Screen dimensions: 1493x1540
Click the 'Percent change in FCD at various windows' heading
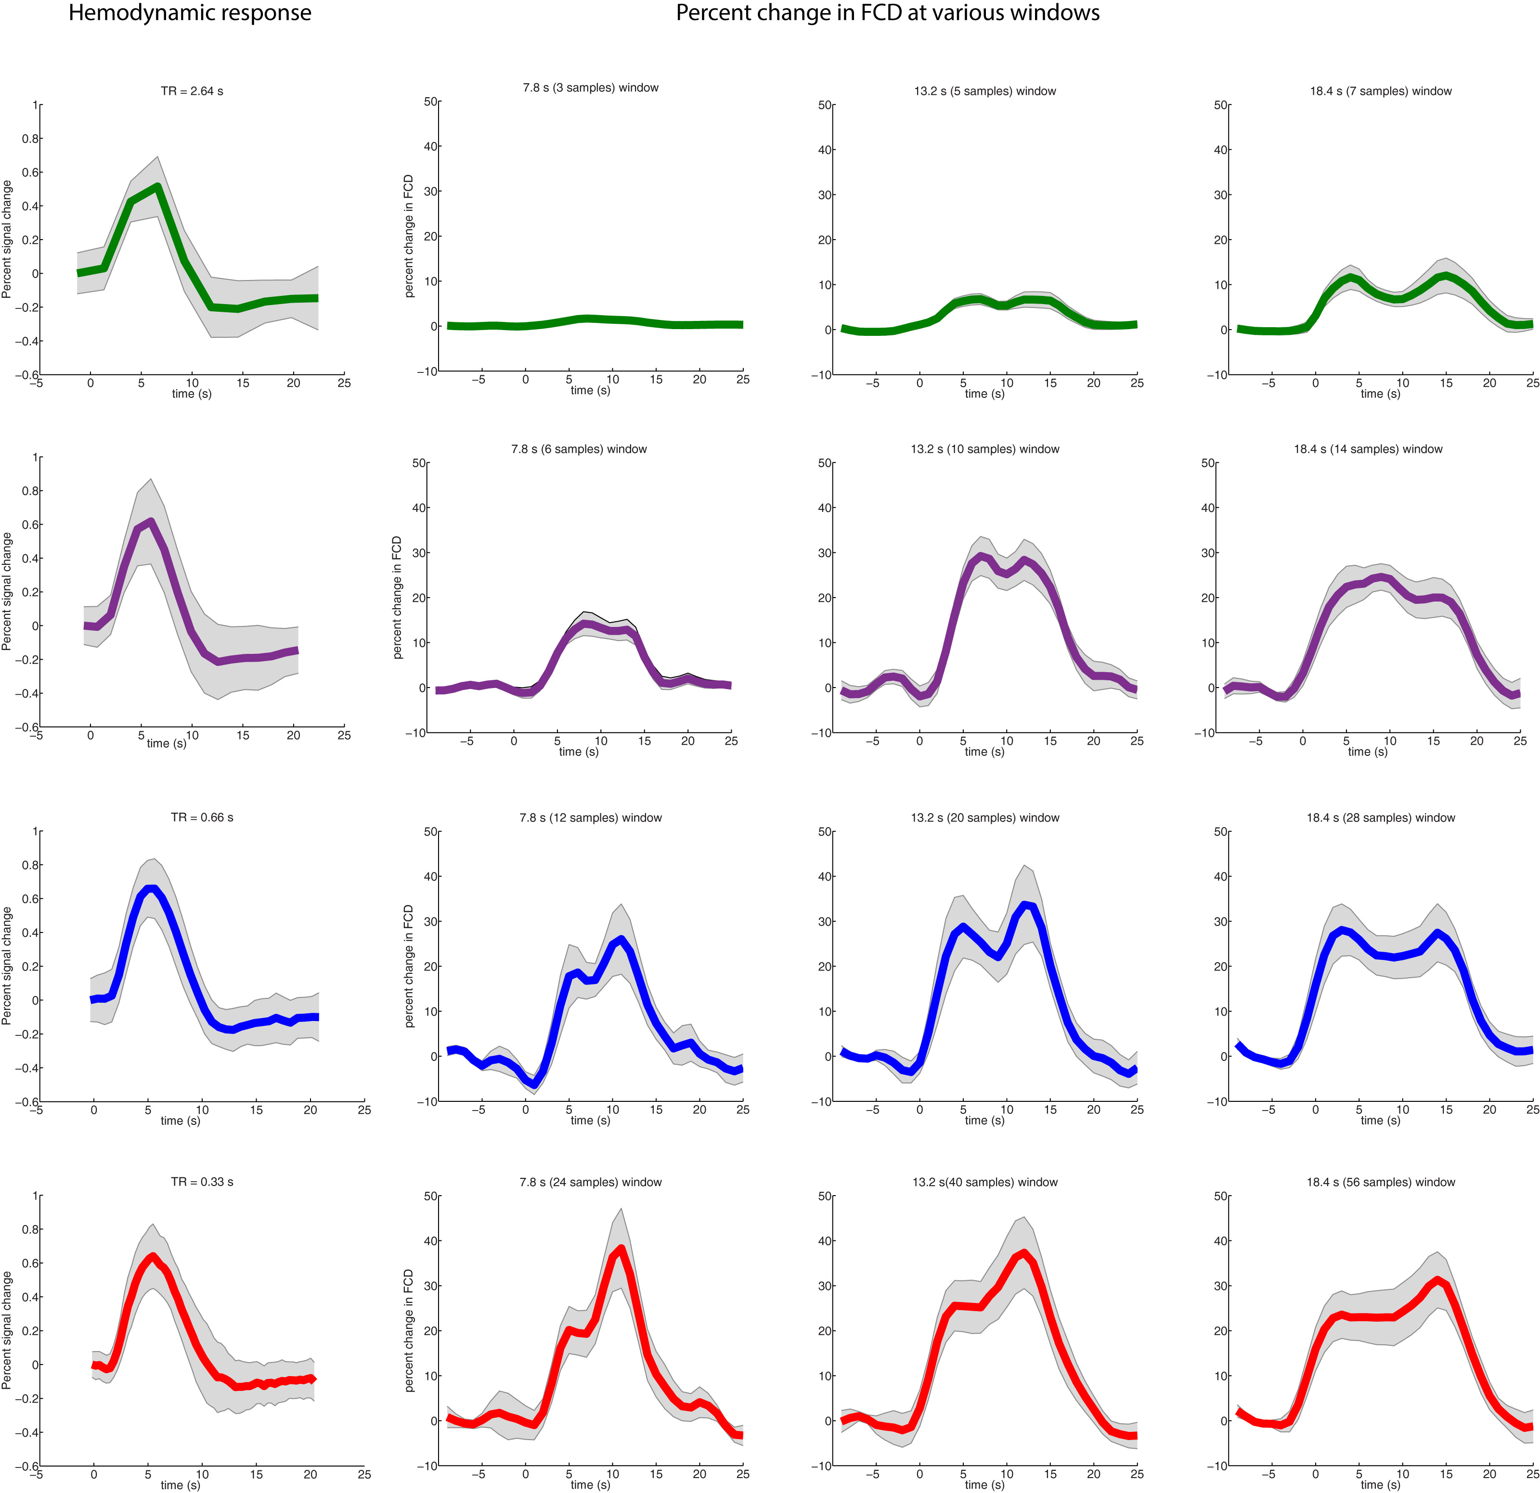887,13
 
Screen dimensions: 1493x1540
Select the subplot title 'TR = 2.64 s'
192,91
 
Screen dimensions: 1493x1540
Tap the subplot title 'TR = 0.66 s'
202,817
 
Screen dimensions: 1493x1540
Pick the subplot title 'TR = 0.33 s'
202,1182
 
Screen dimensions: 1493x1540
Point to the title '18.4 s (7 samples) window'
1381,91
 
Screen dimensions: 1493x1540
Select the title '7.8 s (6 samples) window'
579,449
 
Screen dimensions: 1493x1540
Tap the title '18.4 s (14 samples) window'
1368,449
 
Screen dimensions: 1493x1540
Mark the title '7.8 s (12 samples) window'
590,817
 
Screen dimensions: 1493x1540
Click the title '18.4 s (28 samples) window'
1381,817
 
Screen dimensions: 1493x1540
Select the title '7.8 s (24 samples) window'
590,1182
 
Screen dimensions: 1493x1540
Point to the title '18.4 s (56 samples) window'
1381,1182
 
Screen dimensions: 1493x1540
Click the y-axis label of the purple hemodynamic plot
7,591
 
